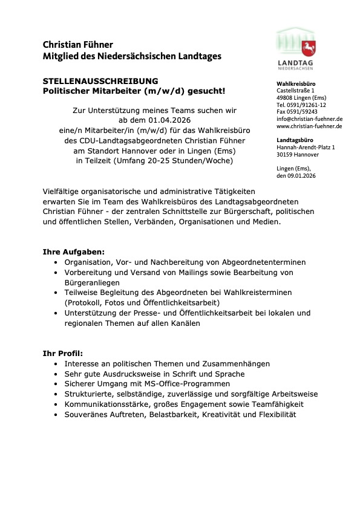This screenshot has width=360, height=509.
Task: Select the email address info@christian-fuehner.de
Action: (x=309, y=119)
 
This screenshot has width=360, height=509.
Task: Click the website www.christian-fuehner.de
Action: (x=309, y=126)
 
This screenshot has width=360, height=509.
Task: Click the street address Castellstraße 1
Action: (x=295, y=90)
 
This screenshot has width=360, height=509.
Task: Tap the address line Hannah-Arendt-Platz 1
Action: (x=305, y=147)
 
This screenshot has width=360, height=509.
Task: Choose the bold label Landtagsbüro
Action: (x=295, y=140)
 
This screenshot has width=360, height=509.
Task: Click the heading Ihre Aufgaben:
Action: (x=73, y=251)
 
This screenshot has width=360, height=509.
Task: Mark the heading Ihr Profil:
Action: (x=63, y=353)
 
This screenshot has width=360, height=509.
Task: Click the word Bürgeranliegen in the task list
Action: (x=92, y=282)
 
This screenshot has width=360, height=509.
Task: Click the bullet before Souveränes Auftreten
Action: (x=56, y=414)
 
